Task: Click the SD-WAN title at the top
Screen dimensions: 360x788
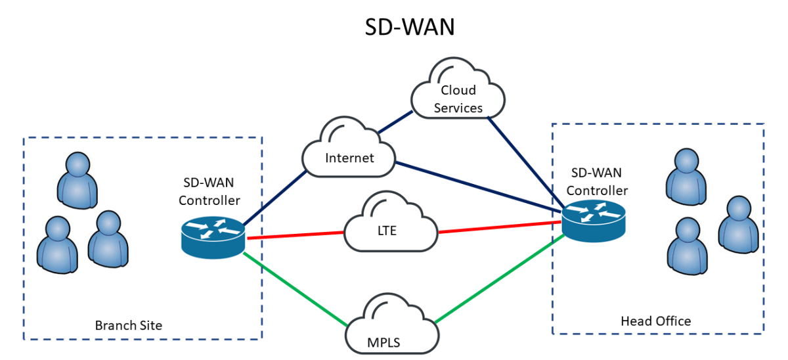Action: pos(410,28)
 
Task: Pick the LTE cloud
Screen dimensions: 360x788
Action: pos(389,227)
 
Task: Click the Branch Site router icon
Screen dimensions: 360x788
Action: pos(213,235)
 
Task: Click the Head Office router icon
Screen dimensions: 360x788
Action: pos(594,218)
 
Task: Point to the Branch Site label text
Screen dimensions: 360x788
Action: pos(129,325)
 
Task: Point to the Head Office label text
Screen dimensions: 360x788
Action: pos(655,321)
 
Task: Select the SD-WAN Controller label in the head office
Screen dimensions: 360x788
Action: pos(597,182)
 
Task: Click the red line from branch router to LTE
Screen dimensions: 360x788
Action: pos(295,235)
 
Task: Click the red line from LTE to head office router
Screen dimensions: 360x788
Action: pos(499,227)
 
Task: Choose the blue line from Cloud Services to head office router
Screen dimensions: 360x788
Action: pos(525,161)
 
